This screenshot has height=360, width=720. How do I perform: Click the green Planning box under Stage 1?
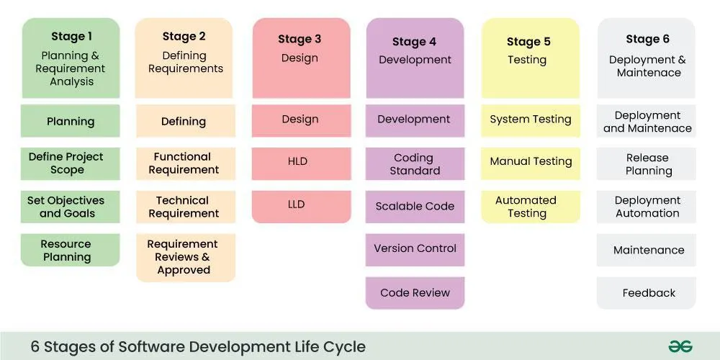pos(71,121)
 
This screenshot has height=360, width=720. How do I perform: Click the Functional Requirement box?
pos(184,163)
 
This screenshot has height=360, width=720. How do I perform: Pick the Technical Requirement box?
pos(184,207)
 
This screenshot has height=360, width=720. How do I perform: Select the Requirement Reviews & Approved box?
pos(184,257)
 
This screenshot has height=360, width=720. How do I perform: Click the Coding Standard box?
pos(415,164)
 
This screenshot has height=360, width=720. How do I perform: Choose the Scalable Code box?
pos(415,207)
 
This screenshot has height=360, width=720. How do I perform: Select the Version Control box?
pos(415,249)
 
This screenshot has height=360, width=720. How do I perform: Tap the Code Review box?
pos(415,293)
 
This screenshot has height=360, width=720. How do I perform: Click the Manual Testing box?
pos(531,162)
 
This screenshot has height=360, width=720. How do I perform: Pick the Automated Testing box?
pos(531,207)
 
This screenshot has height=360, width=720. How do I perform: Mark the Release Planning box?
pos(647,164)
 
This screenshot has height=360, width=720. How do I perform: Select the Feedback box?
pos(647,293)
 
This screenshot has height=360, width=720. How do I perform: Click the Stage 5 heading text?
pos(528,42)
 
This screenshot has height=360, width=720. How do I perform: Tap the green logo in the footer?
pos(680,346)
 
